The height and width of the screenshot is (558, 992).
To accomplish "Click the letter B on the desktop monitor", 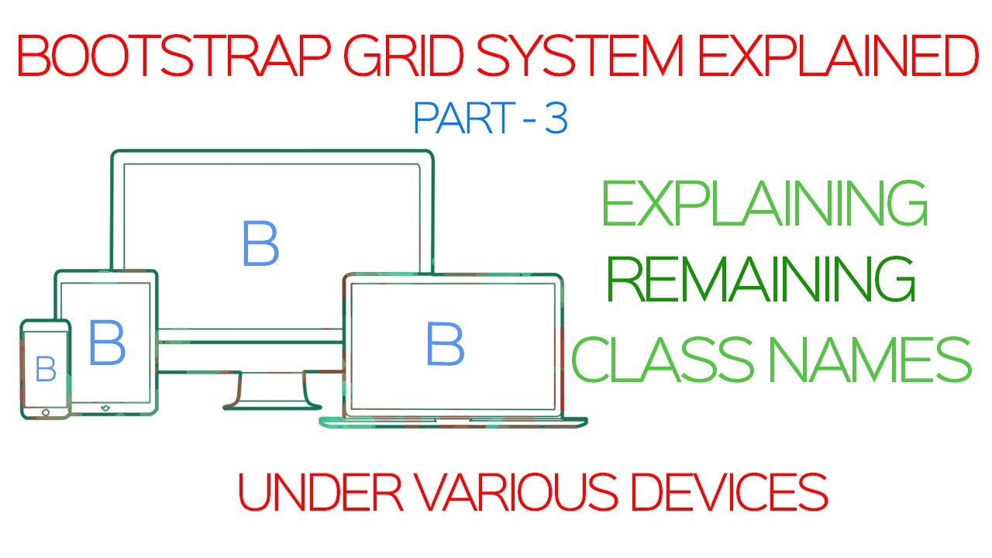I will pos(260,244).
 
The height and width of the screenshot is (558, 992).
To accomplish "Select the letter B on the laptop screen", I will pos(445,345).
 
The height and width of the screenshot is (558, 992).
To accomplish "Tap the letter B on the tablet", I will pos(106,343).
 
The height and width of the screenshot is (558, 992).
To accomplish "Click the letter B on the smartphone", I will pos(46,370).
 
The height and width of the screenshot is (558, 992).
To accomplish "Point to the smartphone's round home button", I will pos(46,412).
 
